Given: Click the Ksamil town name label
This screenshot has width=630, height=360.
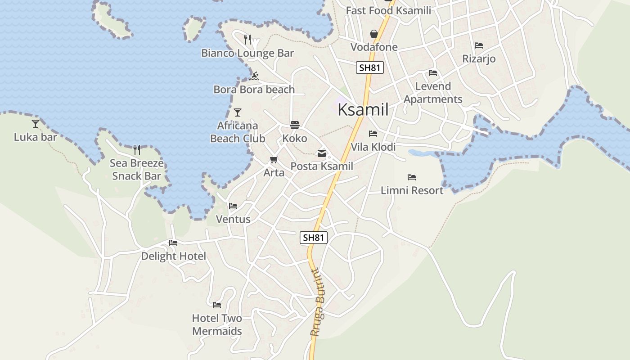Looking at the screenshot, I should coord(363,109).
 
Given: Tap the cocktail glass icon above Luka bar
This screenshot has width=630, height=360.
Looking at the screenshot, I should coord(36,123).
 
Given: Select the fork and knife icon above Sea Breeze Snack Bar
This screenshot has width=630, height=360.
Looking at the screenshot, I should coord(137,149).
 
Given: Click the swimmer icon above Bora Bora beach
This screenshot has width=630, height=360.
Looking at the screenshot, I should coord(254,76).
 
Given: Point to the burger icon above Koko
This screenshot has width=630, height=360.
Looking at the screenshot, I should coord(295,125).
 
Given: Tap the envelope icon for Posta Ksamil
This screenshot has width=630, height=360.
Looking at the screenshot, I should coord(322,153).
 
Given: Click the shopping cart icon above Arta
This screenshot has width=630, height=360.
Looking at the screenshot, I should coord(274,159).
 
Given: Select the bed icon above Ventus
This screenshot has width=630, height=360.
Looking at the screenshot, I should coord(233,206).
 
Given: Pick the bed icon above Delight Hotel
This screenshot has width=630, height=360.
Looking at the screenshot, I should coord(173,243).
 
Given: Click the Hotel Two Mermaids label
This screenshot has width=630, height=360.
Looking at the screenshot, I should coord(217,324).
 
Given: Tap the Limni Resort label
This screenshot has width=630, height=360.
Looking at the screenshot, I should coord(412,190).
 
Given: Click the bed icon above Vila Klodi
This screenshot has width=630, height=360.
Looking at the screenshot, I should coord(373,134).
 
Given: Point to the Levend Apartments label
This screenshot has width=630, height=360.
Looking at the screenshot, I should coord(433,93).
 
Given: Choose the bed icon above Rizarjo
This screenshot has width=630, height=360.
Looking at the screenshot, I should coord(479,45).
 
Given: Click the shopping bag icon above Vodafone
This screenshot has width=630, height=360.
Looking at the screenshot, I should coord(374,34).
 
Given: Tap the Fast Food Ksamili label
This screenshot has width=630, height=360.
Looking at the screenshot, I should coord(388,10).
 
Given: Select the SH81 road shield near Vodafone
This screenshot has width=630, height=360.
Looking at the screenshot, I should coord(370,68).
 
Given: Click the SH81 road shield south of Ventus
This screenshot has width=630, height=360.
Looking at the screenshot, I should coord(314,238).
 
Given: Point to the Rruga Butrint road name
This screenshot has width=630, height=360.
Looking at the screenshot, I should coord(318,302).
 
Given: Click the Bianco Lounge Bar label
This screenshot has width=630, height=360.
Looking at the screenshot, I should coord(247,53).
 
